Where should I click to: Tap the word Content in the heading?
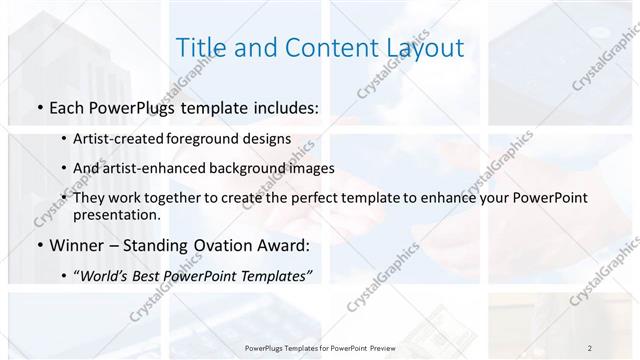[x=322, y=48]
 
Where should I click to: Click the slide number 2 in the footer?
[x=590, y=347]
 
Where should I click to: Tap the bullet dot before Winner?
[x=38, y=245]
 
